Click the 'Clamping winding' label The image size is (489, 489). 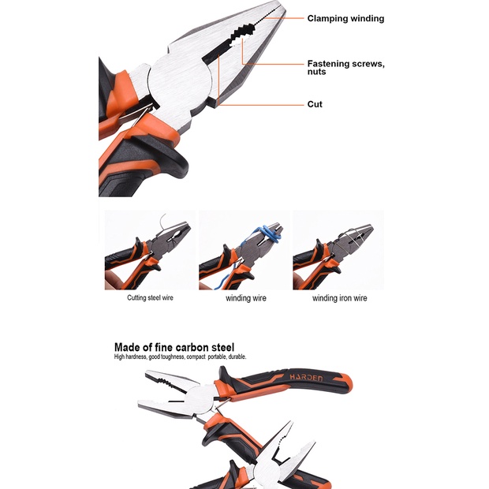[345, 18]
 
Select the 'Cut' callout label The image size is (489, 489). [315, 104]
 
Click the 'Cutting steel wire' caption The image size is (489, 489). [150, 298]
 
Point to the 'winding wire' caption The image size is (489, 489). [245, 298]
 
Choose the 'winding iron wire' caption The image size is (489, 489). [339, 298]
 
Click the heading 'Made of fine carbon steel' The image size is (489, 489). [174, 346]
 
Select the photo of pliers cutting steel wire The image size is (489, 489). [150, 250]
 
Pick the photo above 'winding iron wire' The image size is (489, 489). [338, 250]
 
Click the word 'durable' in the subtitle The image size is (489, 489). [234, 357]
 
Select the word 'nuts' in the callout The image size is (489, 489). [316, 72]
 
